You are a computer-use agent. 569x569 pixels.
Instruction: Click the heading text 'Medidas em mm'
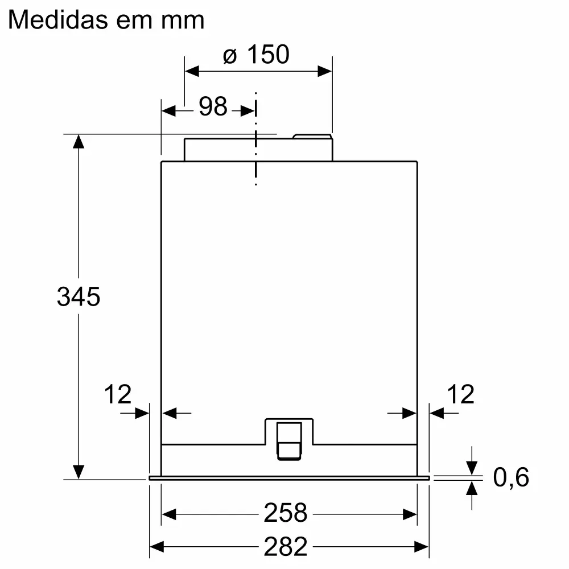[x=106, y=20]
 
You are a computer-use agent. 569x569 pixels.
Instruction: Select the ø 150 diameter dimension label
[x=256, y=55]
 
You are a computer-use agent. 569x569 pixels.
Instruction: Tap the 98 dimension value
[x=213, y=106]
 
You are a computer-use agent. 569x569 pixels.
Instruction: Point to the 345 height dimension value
[x=79, y=296]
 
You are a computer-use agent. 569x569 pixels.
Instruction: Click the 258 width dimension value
[x=285, y=513]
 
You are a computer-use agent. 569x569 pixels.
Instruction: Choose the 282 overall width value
[x=285, y=547]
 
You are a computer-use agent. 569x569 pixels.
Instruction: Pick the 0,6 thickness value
[x=511, y=477]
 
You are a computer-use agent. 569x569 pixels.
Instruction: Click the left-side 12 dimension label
[x=118, y=394]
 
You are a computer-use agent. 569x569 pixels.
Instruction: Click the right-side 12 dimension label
[x=460, y=394]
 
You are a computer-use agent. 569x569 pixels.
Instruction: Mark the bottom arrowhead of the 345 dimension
[x=79, y=472]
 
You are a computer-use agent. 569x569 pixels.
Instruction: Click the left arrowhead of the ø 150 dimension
[x=192, y=71]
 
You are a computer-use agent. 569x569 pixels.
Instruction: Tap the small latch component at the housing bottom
[x=289, y=439]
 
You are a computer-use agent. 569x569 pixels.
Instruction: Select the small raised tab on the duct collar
[x=311, y=137]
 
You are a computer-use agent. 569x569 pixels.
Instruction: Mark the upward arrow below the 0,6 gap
[x=472, y=489]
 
